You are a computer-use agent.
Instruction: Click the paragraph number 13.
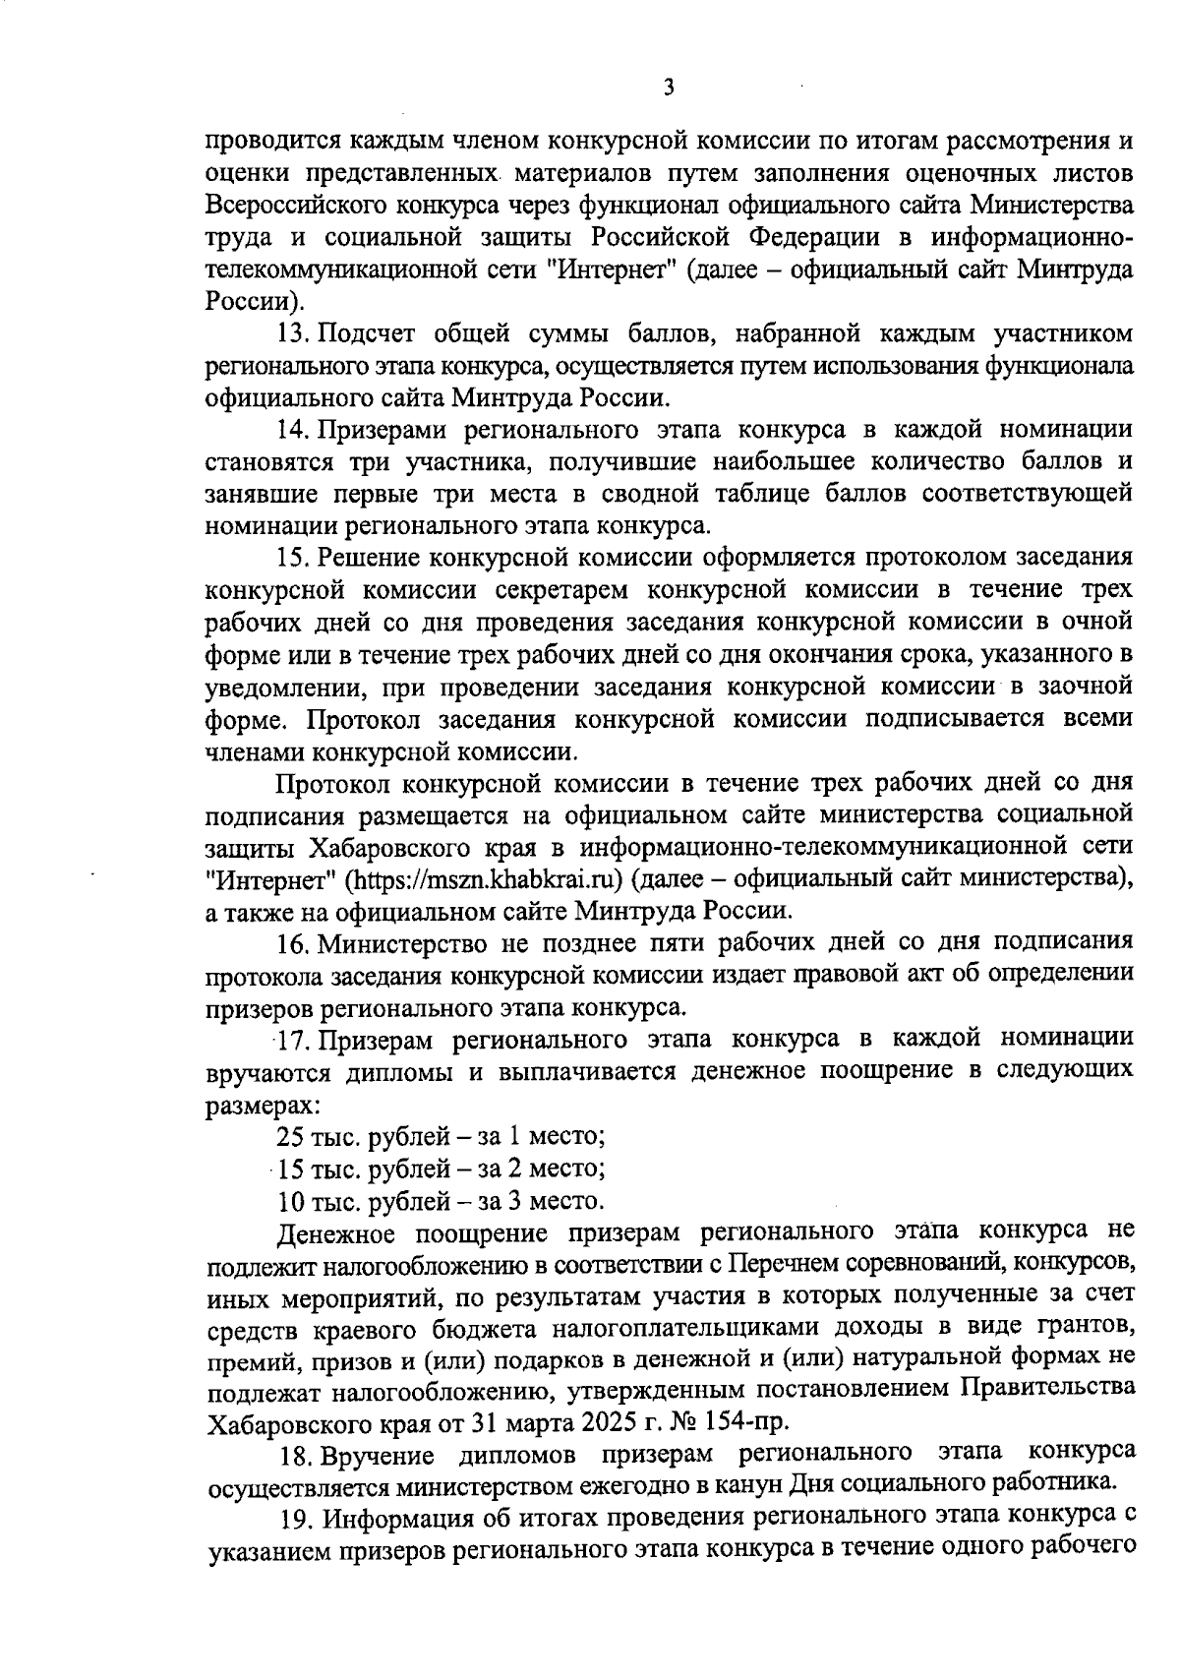click(291, 332)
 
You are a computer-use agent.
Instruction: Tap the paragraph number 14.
click(292, 429)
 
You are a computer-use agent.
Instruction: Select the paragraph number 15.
click(292, 558)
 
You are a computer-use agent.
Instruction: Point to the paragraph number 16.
click(293, 943)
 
